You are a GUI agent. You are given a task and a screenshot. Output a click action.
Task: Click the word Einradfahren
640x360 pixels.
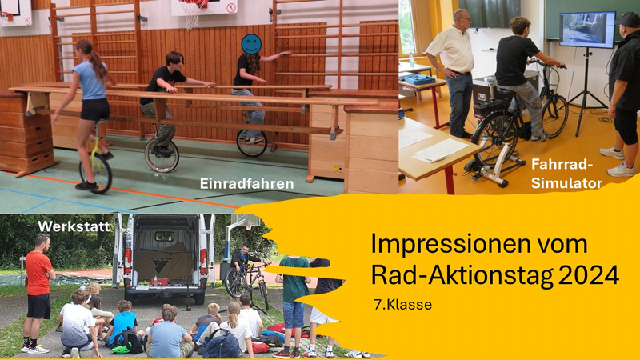click(246, 184)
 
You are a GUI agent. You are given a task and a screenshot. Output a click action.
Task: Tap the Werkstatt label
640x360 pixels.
click(74, 226)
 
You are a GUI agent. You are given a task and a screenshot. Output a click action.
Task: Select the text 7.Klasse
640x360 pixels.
click(402, 305)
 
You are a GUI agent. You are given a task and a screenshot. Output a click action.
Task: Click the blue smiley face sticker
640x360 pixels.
click(251, 44)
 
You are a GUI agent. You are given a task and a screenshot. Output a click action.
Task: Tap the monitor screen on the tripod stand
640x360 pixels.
click(587, 30)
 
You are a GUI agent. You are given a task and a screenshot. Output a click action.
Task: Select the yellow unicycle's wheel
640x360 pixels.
click(95, 174)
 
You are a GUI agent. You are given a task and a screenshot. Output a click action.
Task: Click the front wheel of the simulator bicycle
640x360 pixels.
click(554, 116)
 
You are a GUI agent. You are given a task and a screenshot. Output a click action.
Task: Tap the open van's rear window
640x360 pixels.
click(165, 236)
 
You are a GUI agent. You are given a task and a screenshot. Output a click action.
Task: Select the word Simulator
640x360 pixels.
click(566, 184)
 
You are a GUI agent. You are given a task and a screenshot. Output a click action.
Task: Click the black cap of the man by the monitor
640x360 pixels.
click(629, 19)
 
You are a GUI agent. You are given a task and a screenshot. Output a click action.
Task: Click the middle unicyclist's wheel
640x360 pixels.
click(162, 154)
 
